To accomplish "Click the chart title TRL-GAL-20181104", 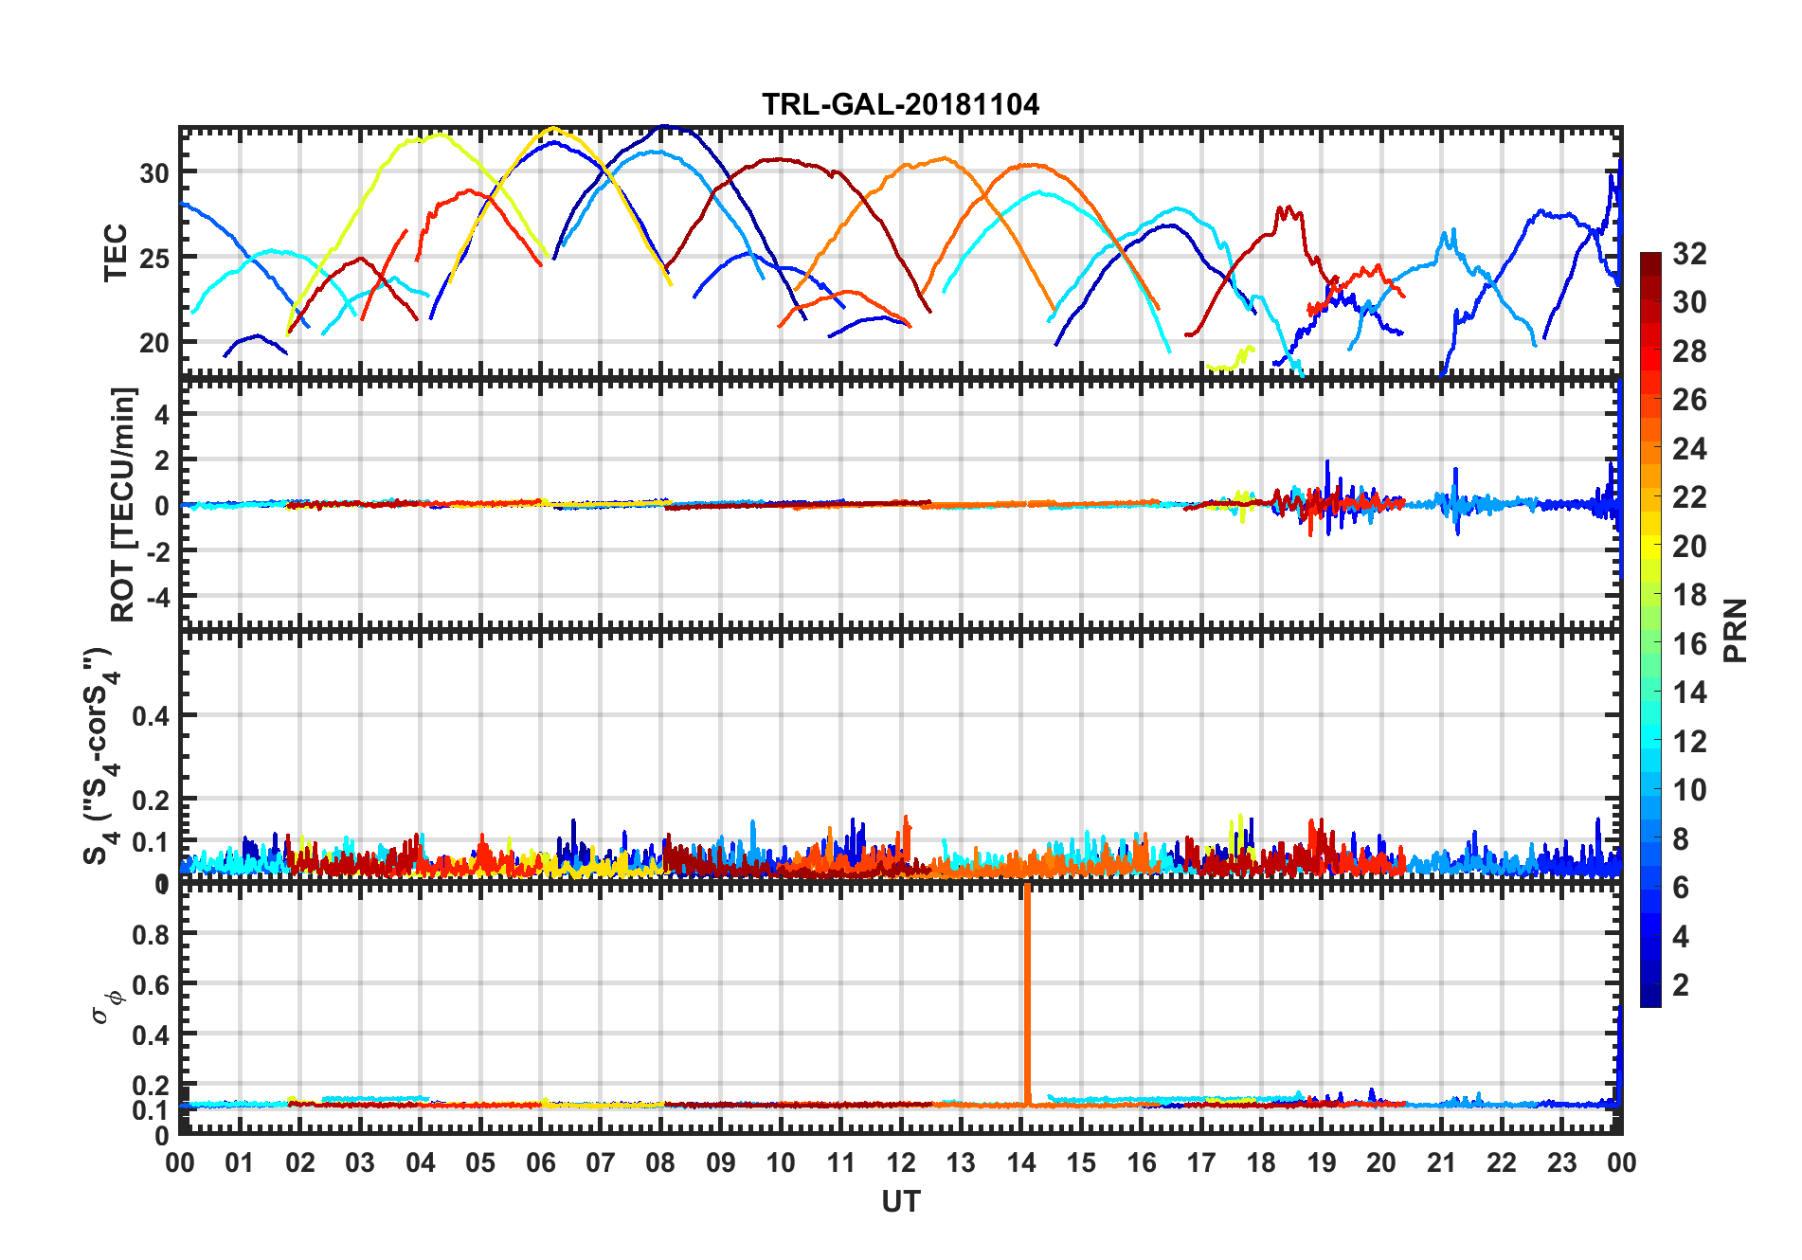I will click(x=900, y=103).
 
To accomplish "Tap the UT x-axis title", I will click(x=900, y=1202).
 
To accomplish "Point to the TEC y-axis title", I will click(x=116, y=253).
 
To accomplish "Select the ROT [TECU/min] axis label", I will click(x=123, y=504).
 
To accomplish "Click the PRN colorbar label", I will click(x=1736, y=630).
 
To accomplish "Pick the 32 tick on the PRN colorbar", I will click(x=1689, y=254).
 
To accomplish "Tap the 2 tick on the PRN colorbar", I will click(x=1681, y=985).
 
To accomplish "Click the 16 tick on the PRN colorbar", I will click(x=1689, y=644).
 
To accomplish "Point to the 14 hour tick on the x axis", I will click(x=1021, y=1163).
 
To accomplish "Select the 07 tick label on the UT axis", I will click(x=601, y=1163).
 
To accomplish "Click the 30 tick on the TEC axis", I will click(x=153, y=173).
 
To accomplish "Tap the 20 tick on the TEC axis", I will click(x=153, y=343).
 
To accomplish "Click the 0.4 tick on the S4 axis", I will click(x=151, y=716).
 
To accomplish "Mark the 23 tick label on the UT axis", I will click(x=1561, y=1163).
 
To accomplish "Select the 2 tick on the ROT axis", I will click(x=162, y=459).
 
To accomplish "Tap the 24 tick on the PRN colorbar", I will click(x=1689, y=449).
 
